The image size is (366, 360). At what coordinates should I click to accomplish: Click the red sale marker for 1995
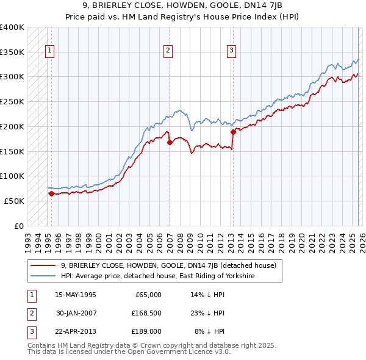point(51,193)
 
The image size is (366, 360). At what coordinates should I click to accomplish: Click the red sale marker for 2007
point(170,142)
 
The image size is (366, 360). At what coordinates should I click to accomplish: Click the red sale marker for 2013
point(233,131)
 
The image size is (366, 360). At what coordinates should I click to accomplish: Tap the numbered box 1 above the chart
point(49,51)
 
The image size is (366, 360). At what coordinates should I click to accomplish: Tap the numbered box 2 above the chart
point(168,51)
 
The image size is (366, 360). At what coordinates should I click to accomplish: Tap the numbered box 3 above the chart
point(231,51)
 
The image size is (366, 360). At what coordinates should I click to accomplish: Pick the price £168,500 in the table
point(145,313)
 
